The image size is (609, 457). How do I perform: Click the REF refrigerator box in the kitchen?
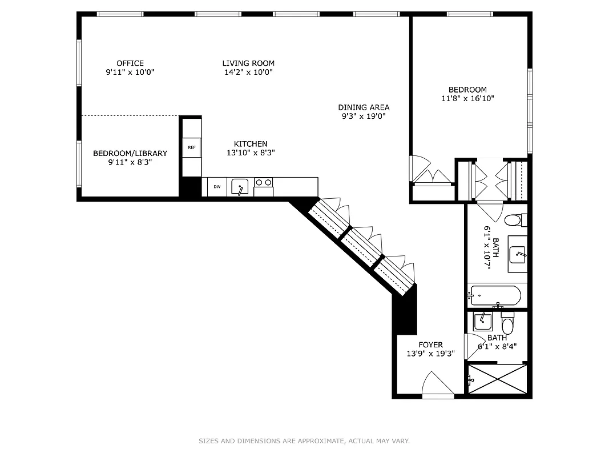coord(191,147)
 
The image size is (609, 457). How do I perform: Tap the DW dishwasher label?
coord(217,187)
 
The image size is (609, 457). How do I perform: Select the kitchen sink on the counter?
coord(240,186)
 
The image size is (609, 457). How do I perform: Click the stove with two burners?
coord(263,183)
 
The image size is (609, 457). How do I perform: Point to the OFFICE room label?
coord(130,63)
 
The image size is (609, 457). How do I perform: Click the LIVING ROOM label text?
coord(248,63)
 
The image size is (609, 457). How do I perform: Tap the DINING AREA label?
coord(364,107)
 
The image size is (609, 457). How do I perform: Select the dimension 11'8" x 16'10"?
coord(467,98)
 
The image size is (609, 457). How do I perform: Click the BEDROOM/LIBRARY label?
coord(130,153)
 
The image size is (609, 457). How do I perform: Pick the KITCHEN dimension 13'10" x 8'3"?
coord(251,153)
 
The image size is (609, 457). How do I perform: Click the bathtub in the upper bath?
coord(494,296)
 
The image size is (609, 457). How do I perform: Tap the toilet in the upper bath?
coord(514,219)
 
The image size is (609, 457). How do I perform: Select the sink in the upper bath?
coord(518,254)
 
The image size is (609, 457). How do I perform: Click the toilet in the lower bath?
coord(507,324)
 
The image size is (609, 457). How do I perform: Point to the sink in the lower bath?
coord(483,322)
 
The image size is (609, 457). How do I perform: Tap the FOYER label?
coord(430,344)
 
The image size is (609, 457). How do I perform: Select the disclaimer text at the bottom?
coord(304,441)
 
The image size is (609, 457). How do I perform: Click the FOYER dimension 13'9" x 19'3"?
coord(430,354)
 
